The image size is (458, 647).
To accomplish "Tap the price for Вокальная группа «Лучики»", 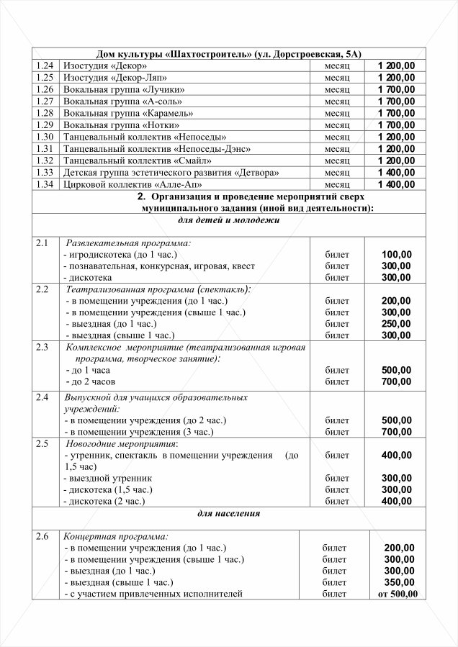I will pyautogui.click(x=395, y=90).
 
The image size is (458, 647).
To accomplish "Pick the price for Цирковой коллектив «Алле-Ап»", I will pyautogui.click(x=395, y=184).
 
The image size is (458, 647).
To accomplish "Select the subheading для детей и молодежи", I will pyautogui.click(x=229, y=220).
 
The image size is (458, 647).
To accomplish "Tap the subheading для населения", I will pyautogui.click(x=229, y=514).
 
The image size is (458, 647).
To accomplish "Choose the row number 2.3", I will pyautogui.click(x=42, y=348).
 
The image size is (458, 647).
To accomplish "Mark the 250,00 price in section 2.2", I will pyautogui.click(x=396, y=324).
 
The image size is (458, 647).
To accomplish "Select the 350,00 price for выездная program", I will pyautogui.click(x=399, y=582).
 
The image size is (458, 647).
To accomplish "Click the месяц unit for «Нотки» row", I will pyautogui.click(x=336, y=125).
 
